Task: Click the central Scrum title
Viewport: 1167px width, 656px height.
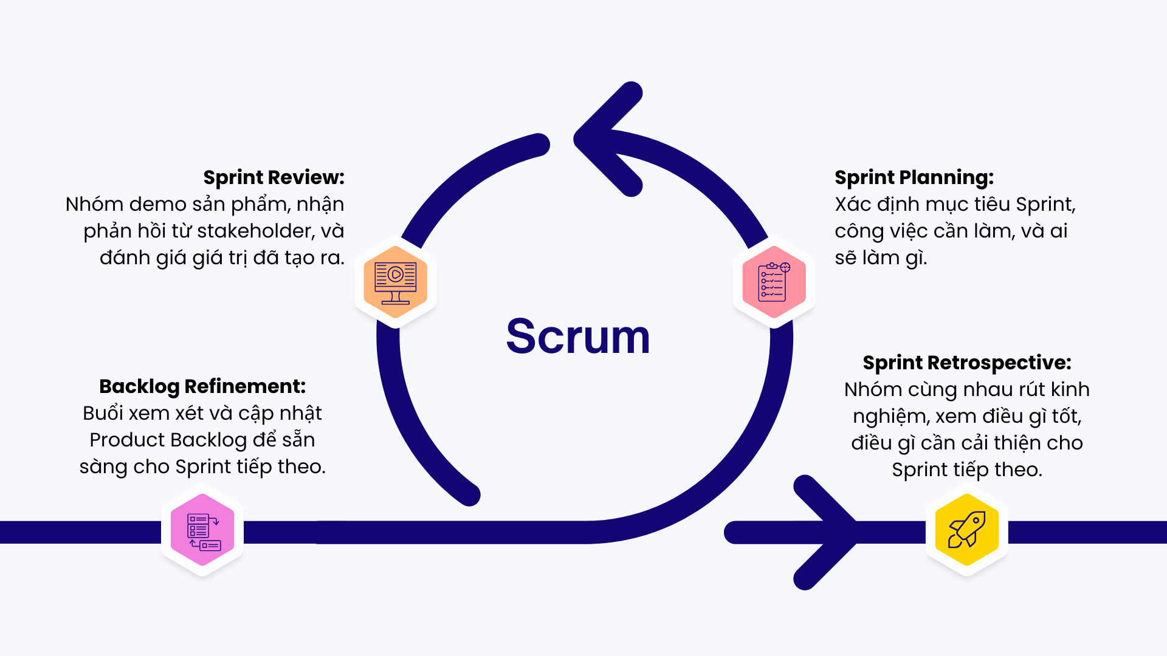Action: point(578,337)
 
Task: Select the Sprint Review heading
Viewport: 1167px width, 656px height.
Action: point(274,177)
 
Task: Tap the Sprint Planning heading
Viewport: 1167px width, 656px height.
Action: point(914,177)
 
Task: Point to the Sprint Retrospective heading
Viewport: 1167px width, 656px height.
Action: point(966,363)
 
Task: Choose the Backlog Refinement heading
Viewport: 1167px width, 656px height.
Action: point(202,386)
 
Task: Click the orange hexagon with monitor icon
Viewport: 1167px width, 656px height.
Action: point(396,282)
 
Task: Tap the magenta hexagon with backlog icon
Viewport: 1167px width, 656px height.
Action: point(202,530)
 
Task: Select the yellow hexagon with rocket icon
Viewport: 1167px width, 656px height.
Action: point(966,530)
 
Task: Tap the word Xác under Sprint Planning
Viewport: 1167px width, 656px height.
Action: point(853,204)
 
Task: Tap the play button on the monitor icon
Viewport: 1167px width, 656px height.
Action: point(396,275)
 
